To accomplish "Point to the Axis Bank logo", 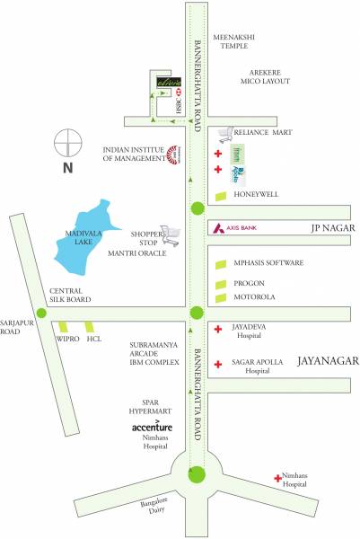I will (x=217, y=228).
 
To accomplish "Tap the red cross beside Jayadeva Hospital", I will (x=218, y=330).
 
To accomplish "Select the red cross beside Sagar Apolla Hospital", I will (x=218, y=365).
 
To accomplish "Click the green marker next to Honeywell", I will (x=221, y=196).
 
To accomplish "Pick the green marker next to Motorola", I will (x=221, y=296).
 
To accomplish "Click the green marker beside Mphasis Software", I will (x=221, y=263).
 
